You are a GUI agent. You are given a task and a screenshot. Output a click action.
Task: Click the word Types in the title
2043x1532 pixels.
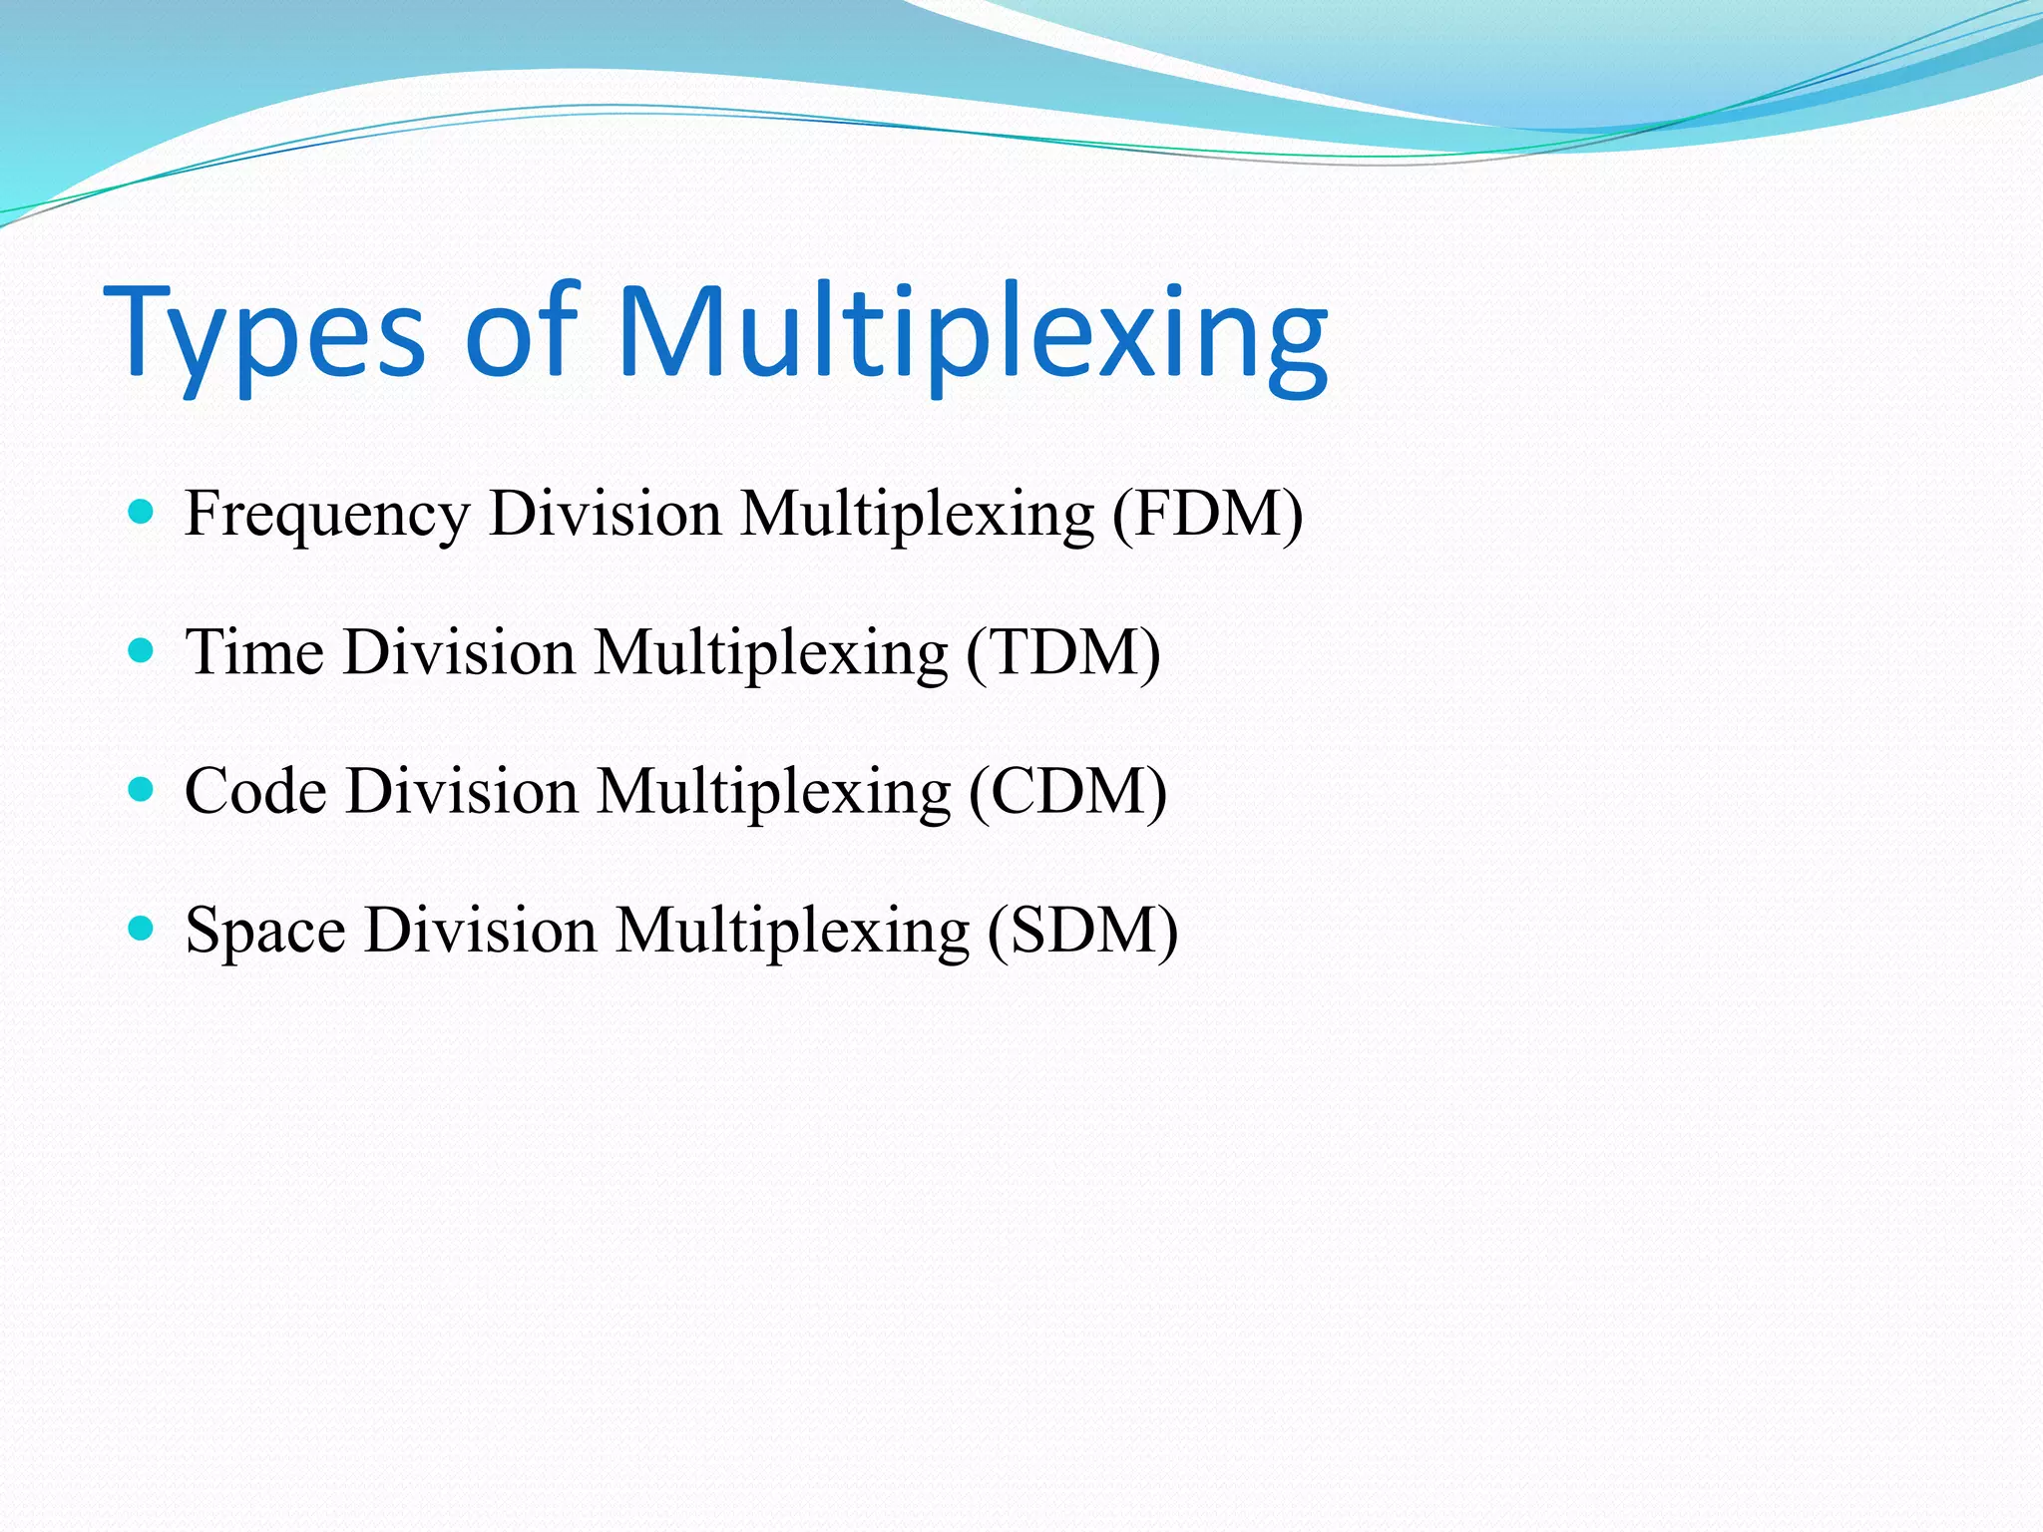pyautogui.click(x=264, y=334)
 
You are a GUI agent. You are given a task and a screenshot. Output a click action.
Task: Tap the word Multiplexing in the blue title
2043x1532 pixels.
pyautogui.click(x=973, y=334)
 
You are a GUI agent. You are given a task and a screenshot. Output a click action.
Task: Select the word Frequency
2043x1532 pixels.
pyautogui.click(x=326, y=516)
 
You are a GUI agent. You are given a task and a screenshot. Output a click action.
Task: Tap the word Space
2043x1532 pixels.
pyautogui.click(x=265, y=931)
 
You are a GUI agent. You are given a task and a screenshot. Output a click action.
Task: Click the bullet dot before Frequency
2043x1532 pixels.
pyautogui.click(x=142, y=513)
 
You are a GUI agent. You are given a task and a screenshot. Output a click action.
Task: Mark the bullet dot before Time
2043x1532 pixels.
pyautogui.click(x=142, y=651)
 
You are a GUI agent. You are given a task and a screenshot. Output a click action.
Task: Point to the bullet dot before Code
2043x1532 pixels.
pyautogui.click(x=142, y=790)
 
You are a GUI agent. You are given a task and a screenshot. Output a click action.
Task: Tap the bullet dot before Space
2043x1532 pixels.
pyautogui.click(x=142, y=929)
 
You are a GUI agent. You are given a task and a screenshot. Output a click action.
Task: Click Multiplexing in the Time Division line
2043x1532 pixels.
pyautogui.click(x=770, y=654)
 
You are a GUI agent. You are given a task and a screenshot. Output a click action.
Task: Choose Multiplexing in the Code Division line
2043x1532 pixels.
pyautogui.click(x=773, y=793)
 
